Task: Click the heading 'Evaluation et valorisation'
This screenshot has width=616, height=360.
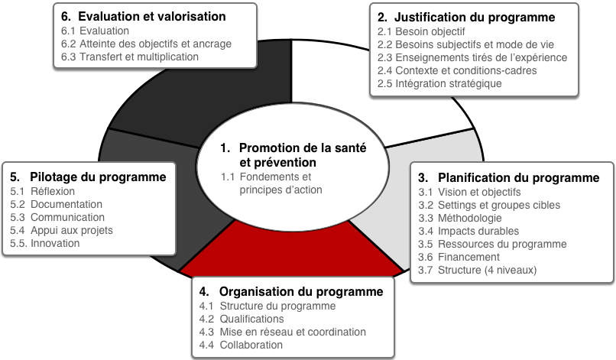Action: [x=151, y=17]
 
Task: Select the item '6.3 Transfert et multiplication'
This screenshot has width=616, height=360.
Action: [x=130, y=57]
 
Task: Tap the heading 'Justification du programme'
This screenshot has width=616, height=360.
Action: [x=475, y=18]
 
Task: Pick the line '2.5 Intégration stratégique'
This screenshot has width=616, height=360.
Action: [x=439, y=83]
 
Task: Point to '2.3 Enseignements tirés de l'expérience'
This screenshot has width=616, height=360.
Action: [x=472, y=57]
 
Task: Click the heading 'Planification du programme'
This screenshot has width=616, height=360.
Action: [x=519, y=177]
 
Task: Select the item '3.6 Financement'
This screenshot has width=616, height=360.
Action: [x=459, y=257]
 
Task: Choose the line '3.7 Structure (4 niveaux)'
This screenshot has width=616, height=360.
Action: [x=478, y=270]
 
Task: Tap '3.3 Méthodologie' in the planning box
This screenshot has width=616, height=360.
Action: [x=460, y=218]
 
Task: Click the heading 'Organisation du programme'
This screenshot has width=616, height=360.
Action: [x=301, y=292]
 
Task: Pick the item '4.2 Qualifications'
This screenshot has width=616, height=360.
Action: [x=242, y=319]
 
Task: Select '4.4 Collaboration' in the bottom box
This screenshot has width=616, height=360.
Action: [x=241, y=345]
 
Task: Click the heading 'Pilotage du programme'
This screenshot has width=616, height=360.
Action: [x=98, y=177]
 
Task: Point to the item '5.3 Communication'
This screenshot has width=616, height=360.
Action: [x=57, y=217]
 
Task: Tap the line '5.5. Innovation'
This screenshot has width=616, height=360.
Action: [x=45, y=243]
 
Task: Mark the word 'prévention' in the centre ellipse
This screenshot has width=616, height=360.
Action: [x=277, y=162]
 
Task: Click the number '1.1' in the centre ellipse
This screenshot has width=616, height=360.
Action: [x=228, y=177]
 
